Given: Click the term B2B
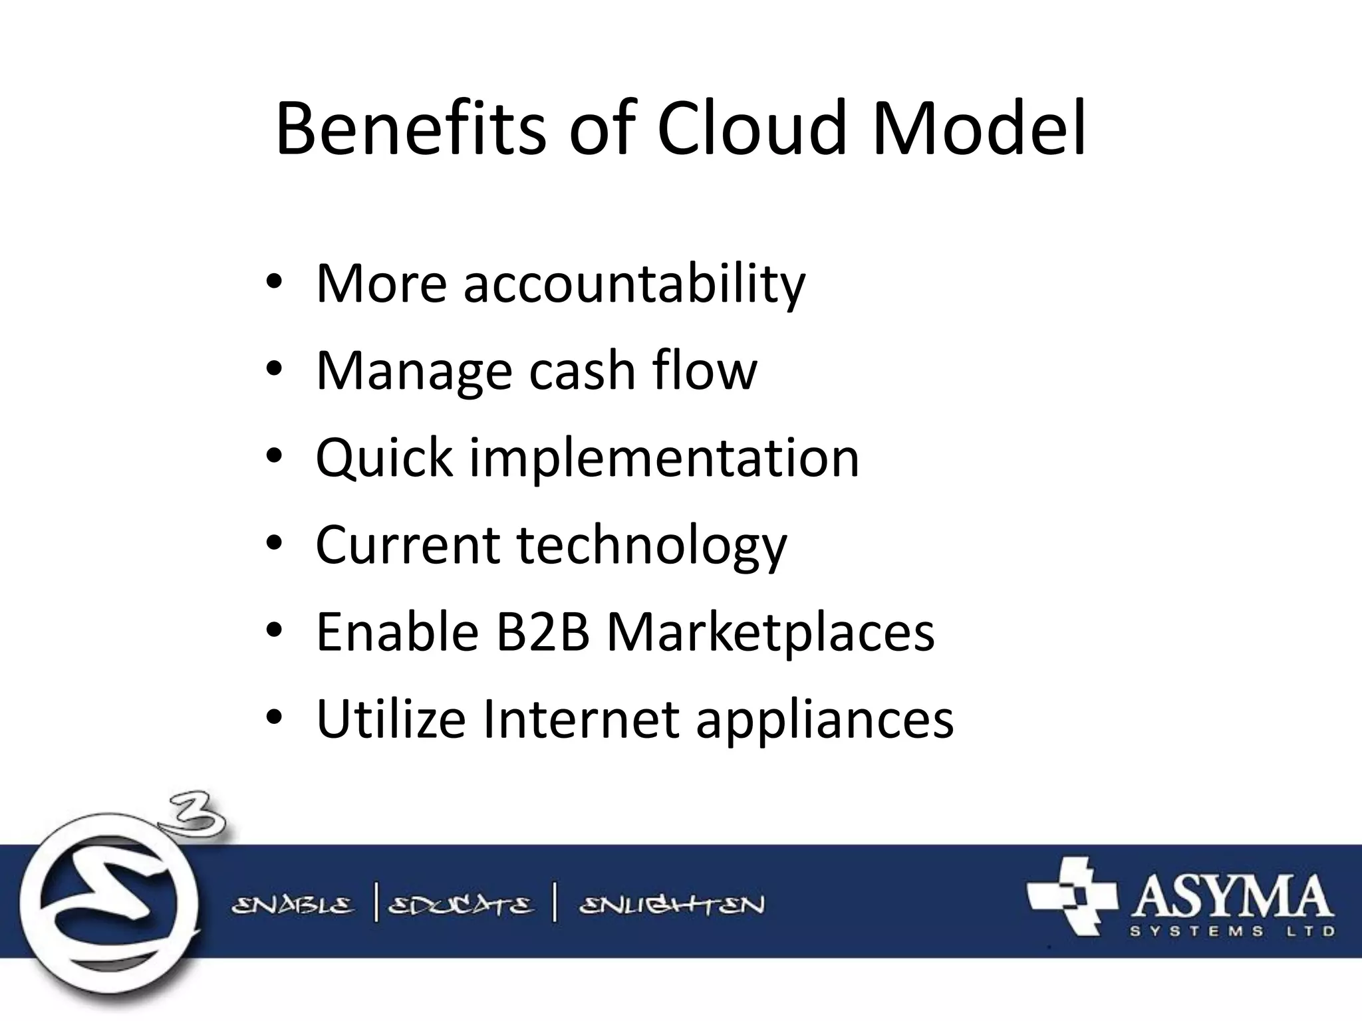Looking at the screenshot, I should click(x=543, y=631).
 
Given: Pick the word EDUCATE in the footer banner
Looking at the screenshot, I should click(x=460, y=905).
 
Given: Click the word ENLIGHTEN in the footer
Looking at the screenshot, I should click(x=672, y=905).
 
